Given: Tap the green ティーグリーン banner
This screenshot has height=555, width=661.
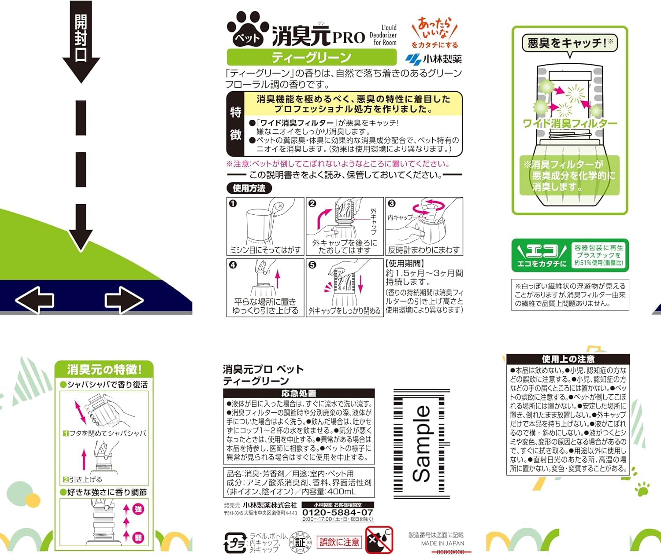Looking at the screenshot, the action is [x=312, y=57].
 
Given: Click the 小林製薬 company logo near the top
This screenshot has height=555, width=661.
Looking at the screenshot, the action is [x=433, y=59].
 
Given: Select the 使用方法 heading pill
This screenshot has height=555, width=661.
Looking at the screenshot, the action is [x=249, y=188].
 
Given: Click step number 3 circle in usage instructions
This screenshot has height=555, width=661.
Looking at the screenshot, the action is [x=392, y=203].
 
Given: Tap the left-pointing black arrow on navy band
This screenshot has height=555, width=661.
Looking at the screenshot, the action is [x=35, y=300].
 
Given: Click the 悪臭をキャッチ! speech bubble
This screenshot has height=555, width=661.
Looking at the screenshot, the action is [x=569, y=43].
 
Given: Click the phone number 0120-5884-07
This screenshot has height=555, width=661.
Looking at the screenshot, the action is [x=338, y=512].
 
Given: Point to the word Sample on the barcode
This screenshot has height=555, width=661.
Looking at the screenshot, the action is [x=422, y=444].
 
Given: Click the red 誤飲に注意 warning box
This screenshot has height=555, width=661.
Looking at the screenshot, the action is [x=339, y=542].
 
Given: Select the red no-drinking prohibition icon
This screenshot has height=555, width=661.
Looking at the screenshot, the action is [x=379, y=540].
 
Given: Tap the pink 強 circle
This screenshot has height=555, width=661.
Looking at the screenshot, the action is [x=138, y=509].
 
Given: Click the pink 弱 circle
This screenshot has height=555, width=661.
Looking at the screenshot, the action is [x=138, y=537].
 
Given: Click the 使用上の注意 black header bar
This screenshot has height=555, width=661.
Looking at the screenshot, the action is [x=568, y=359].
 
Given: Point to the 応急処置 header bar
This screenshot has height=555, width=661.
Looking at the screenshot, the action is [x=299, y=393].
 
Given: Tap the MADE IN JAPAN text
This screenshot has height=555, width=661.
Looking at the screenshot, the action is [x=442, y=543].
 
